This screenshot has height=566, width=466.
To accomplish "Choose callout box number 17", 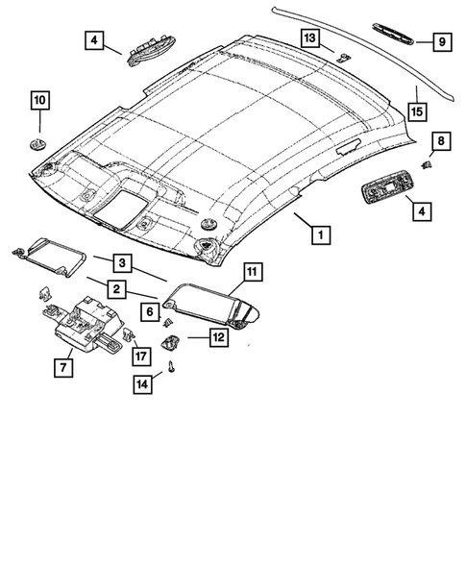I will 140,356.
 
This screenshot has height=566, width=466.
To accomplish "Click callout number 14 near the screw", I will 143,384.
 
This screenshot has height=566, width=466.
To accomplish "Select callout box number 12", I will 217,337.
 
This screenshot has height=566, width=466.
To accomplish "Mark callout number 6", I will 150,310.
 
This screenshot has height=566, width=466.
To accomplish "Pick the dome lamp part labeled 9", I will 391,39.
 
